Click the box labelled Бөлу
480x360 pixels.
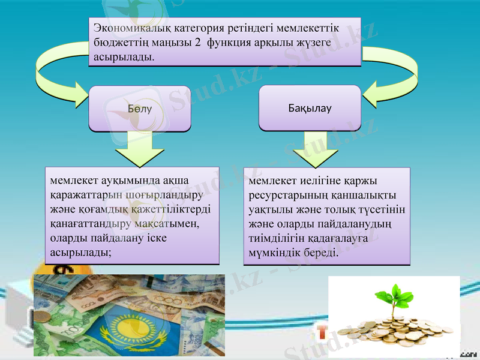140,109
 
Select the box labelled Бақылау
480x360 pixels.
310,108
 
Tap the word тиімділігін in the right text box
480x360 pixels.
276,238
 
